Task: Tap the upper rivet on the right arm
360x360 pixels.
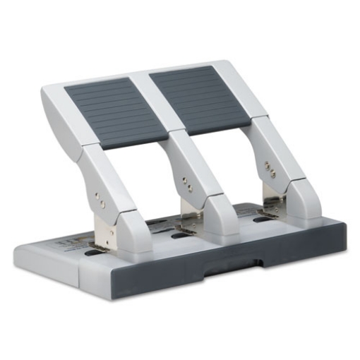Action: pyautogui.click(x=267, y=165)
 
